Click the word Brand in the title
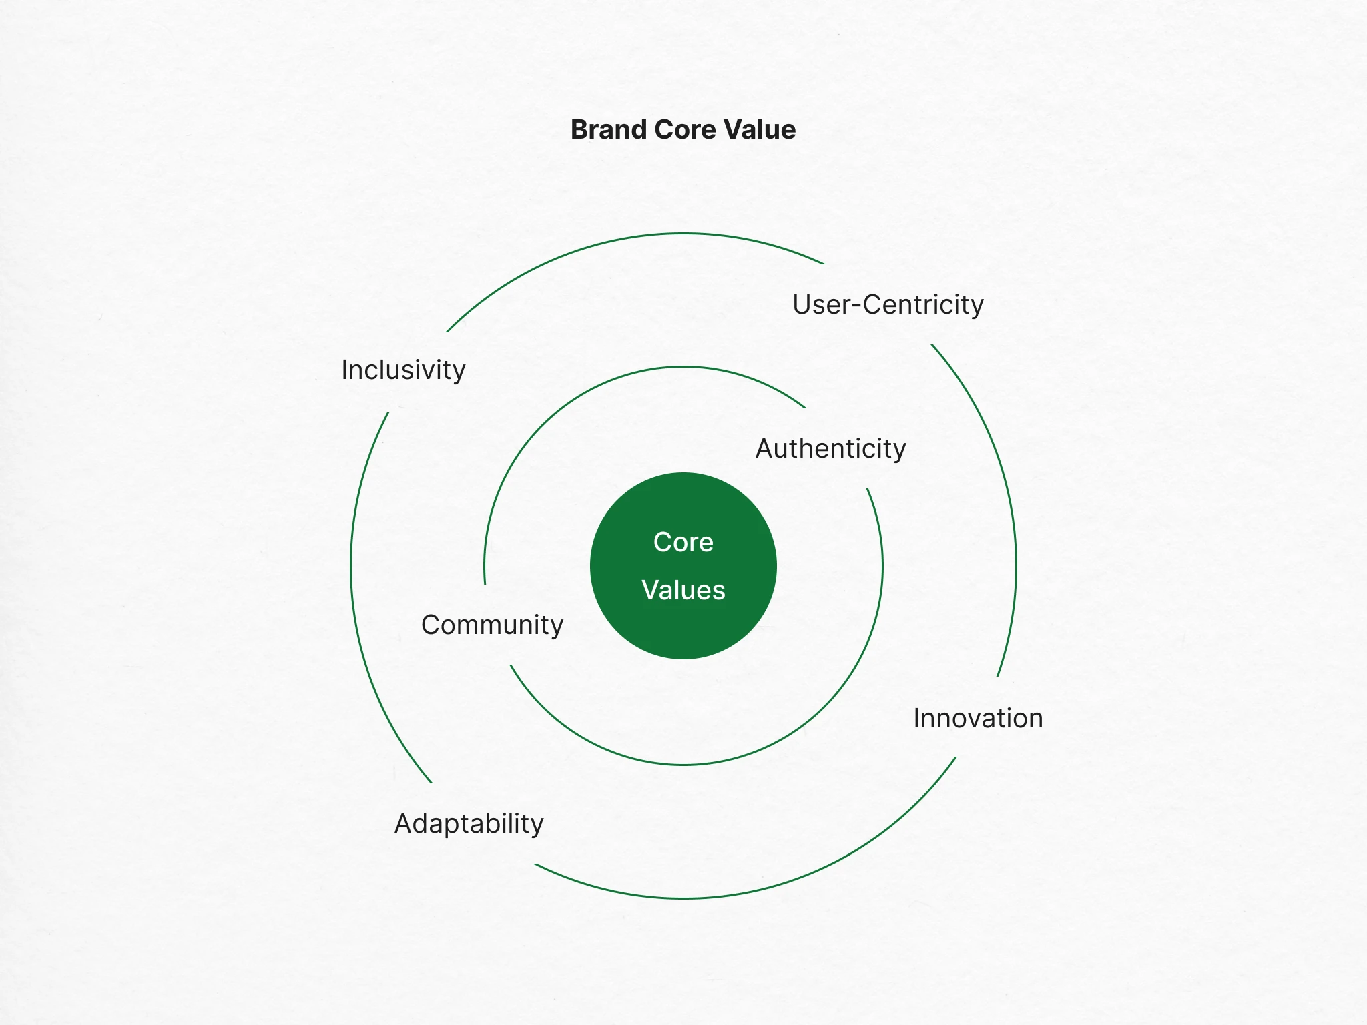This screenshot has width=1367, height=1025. [609, 129]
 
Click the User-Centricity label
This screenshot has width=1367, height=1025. [888, 305]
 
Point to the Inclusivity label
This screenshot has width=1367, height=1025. [403, 370]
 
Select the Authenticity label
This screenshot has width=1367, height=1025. [831, 449]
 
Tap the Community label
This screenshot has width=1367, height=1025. [493, 625]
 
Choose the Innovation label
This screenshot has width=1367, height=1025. [978, 719]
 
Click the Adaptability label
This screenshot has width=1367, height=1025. [469, 824]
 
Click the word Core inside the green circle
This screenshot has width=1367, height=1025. [683, 542]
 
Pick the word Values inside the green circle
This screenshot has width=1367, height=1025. [683, 590]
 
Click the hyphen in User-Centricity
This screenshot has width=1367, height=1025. [857, 306]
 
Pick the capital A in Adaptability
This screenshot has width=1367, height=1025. [404, 823]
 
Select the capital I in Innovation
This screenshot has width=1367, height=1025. [916, 719]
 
